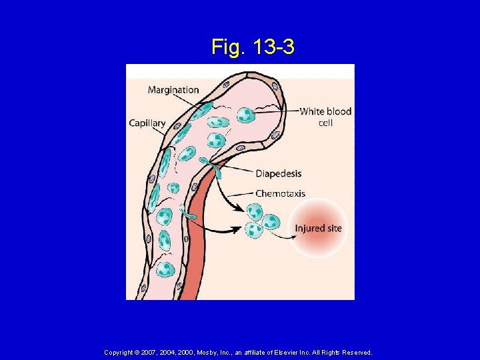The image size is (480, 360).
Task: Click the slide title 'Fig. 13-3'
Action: pos(253,47)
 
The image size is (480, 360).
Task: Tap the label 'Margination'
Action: pos(173,89)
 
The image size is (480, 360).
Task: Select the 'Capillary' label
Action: pos(147,123)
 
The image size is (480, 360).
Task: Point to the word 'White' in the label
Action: pos(311,111)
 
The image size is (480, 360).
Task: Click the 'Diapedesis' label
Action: pos(278,173)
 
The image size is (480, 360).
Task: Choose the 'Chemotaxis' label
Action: pos(280,193)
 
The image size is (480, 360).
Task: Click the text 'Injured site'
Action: pos(318,229)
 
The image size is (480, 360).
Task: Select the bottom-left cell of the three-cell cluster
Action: pos(254,230)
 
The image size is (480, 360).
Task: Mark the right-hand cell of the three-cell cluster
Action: pos(271,221)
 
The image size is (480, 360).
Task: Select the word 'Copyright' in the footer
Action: pos(121,352)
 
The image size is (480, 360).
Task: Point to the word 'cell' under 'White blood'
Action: pos(325,123)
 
